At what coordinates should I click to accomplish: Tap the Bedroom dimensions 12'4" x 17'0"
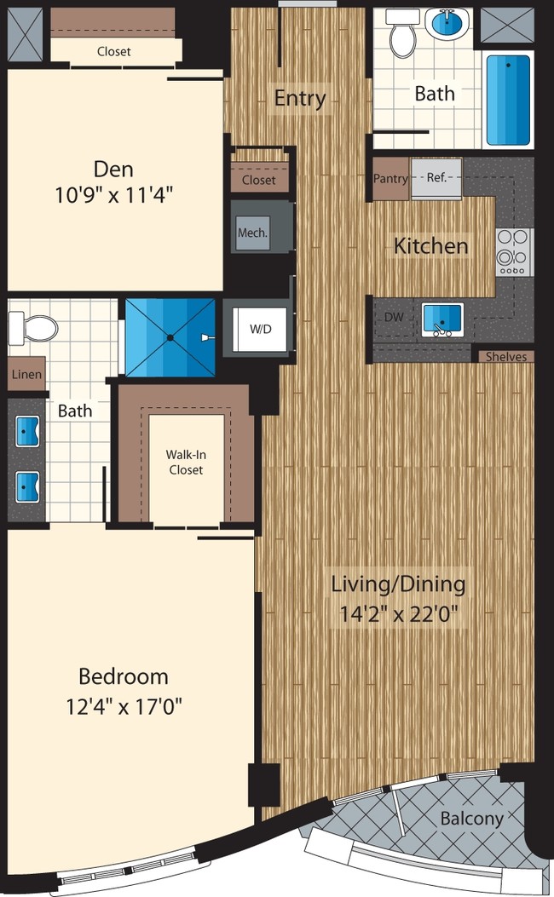(x=124, y=706)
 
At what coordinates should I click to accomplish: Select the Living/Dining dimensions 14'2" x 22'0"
(x=398, y=613)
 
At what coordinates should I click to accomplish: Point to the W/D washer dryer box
(x=259, y=329)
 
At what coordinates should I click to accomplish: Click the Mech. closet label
(x=253, y=232)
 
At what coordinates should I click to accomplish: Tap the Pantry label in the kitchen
(x=390, y=180)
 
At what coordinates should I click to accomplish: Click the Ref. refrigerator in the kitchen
(x=436, y=179)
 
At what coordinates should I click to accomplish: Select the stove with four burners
(x=514, y=252)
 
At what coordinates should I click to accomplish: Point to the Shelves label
(x=506, y=357)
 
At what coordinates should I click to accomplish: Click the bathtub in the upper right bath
(x=509, y=101)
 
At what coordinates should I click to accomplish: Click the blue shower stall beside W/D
(x=170, y=337)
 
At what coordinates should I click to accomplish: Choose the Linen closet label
(x=26, y=375)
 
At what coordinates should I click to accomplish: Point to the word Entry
(x=300, y=98)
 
